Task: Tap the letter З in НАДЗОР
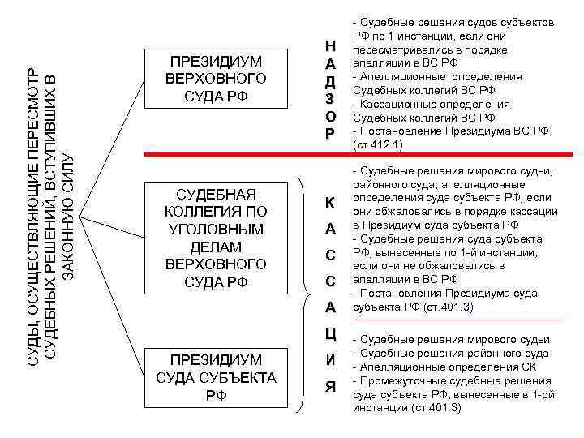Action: click(x=329, y=99)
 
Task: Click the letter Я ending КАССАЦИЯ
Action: click(x=329, y=386)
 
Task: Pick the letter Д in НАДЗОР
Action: click(x=329, y=82)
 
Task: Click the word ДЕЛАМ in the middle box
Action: click(x=216, y=247)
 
